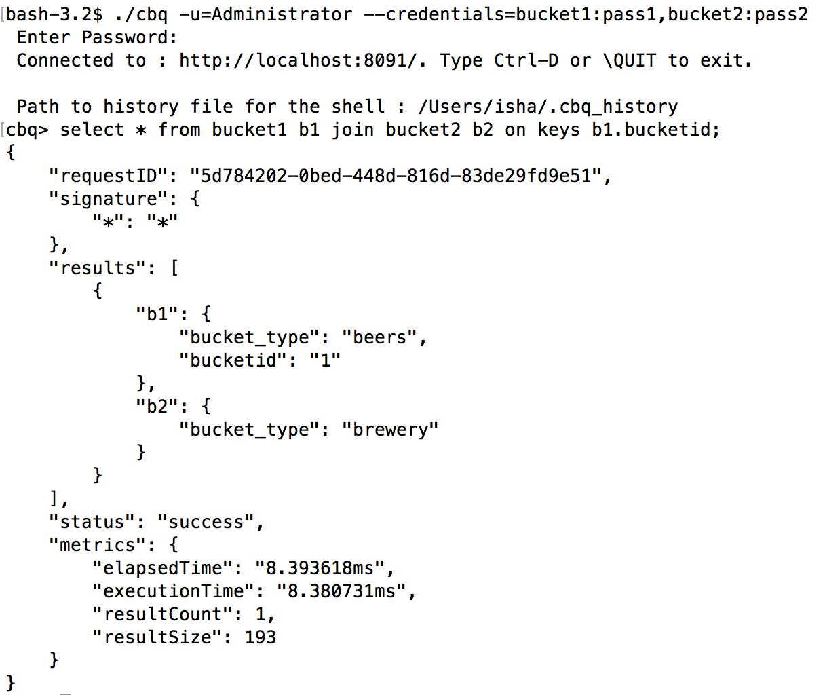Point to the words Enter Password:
click(97, 37)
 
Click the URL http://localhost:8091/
click(303, 60)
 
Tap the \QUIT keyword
click(629, 60)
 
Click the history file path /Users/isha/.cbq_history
click(548, 107)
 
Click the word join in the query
click(352, 130)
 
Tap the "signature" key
click(108, 199)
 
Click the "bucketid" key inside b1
click(233, 360)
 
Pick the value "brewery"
click(390, 430)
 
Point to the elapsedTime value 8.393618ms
click(320, 568)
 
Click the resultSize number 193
click(261, 637)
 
